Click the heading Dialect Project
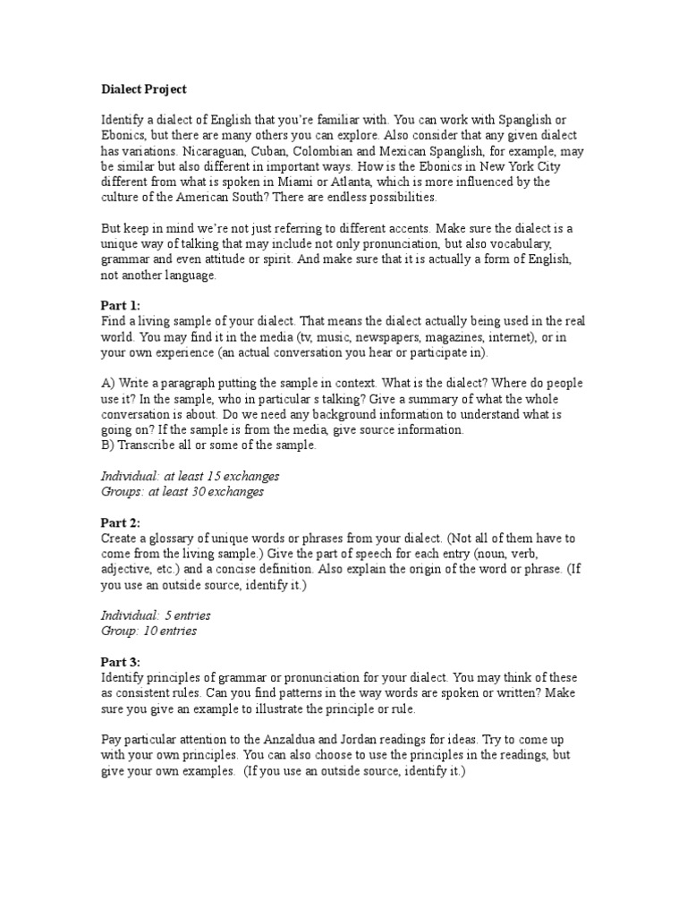[143, 89]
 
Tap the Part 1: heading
[121, 305]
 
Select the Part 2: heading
[121, 522]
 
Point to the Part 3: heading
[121, 661]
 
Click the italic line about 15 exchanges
[190, 476]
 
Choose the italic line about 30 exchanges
[182, 491]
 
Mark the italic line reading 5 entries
[156, 615]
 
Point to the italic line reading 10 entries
[148, 631]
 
